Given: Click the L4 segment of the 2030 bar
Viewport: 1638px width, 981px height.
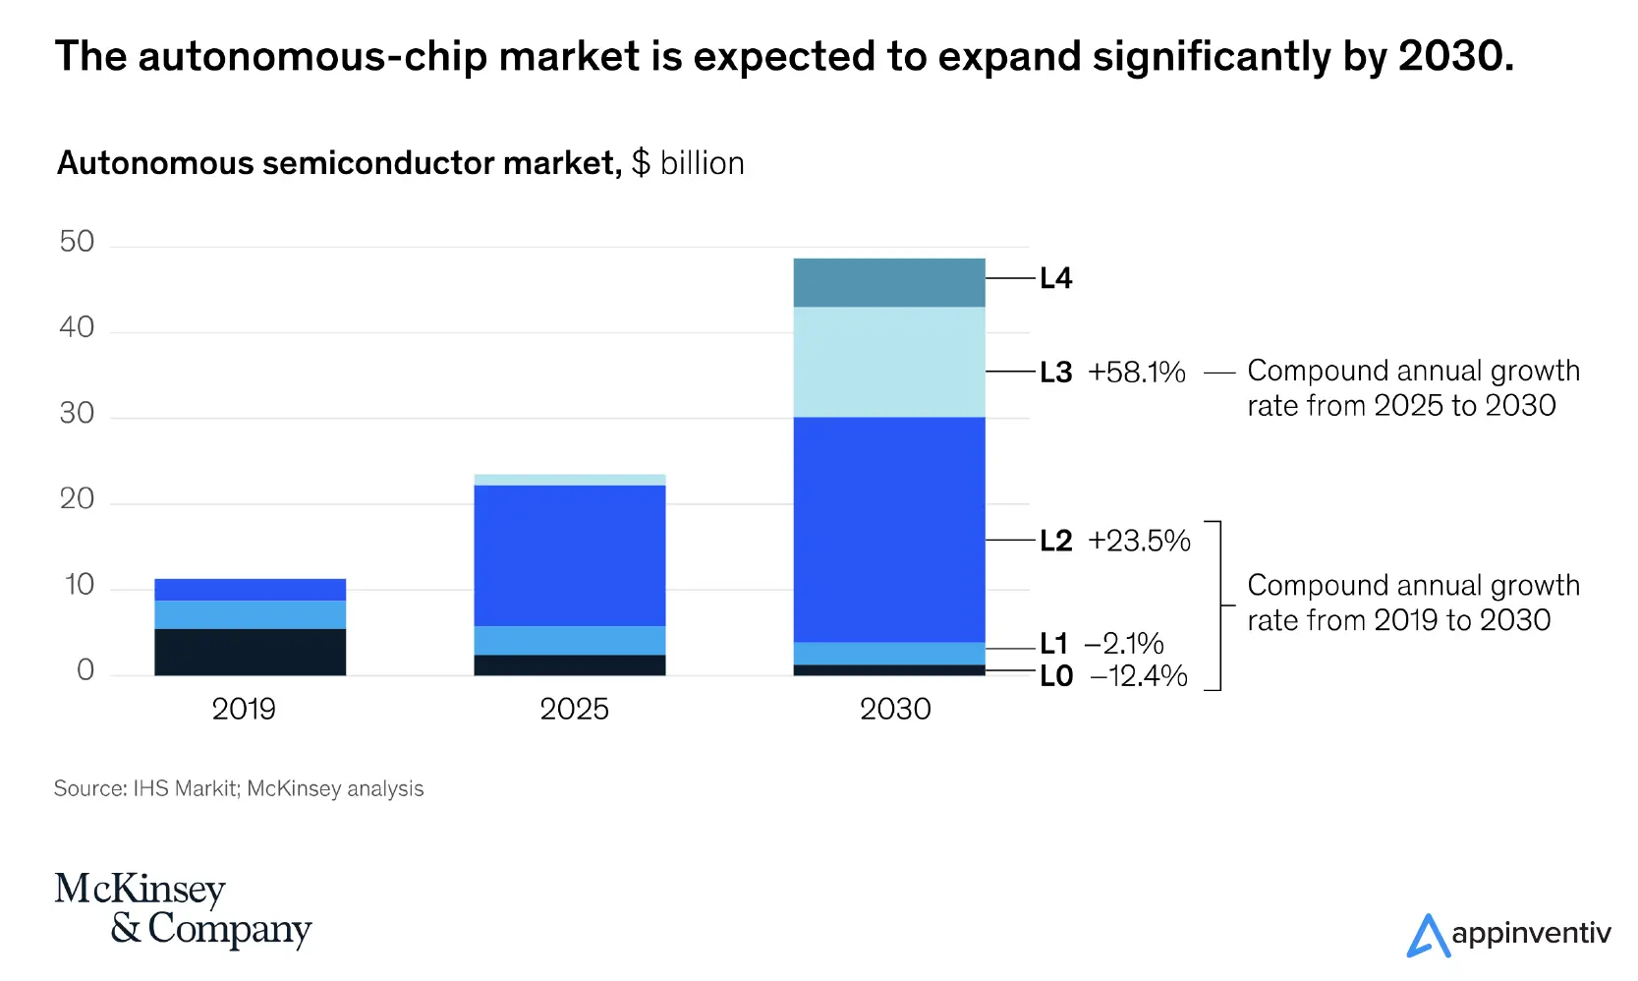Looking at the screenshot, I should [888, 282].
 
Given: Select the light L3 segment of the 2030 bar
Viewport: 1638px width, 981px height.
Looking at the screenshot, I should [888, 362].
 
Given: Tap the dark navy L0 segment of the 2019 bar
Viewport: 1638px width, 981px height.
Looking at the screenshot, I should [250, 652].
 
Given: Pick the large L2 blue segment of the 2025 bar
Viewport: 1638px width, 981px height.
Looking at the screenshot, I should [569, 555].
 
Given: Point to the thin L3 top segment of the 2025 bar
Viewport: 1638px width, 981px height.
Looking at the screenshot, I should [569, 480].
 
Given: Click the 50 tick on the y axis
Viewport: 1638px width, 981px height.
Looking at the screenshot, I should [77, 242].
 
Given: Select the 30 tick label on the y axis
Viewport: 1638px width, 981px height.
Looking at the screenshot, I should [77, 413].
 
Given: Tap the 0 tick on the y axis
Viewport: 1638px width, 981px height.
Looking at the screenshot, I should [85, 670].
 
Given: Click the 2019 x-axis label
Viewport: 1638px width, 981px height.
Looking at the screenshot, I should [244, 709].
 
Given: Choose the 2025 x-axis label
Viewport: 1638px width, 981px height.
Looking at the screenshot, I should [574, 709].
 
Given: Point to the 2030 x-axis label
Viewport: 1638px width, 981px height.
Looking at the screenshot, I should [895, 709].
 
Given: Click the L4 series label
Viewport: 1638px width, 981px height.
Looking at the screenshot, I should [1056, 278].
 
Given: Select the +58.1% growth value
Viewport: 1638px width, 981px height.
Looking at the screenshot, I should [1137, 373].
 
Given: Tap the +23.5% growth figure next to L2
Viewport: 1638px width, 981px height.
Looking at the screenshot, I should [1139, 541].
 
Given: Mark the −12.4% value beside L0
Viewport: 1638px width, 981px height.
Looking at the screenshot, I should [1139, 676].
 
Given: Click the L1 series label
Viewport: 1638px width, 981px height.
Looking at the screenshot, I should [1054, 644].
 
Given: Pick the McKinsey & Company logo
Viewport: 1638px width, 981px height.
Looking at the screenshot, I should [183, 909].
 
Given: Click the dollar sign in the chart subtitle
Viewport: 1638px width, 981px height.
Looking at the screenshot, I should [641, 163].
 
